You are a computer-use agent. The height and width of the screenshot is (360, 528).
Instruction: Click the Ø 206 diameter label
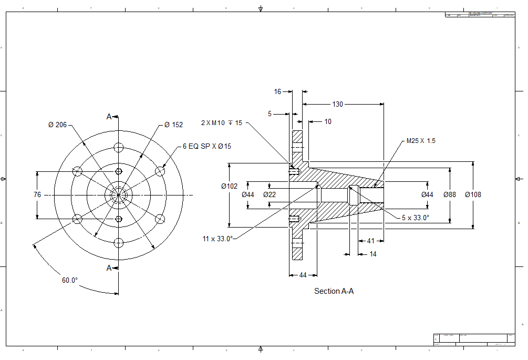pos(58,125)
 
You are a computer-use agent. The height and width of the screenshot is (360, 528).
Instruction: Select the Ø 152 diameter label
pos(173,125)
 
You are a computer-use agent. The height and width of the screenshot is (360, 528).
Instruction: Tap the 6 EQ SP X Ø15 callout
pos(206,147)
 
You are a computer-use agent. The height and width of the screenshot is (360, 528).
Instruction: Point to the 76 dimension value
pos(37,194)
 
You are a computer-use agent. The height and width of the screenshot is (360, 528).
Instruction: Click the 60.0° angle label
pos(70,280)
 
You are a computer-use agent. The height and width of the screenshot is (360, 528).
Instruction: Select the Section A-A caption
pos(334,291)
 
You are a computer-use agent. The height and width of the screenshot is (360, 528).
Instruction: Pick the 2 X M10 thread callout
pos(222,123)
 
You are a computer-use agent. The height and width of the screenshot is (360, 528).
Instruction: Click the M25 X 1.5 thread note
pos(421,141)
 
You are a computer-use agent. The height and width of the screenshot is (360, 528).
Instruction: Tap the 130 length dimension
pos(337,104)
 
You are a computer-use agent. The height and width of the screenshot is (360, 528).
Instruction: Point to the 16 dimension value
pos(278,91)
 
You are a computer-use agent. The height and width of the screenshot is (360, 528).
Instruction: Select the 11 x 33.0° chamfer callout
pos(218,239)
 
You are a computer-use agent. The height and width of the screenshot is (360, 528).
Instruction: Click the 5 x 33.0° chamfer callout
pos(416,217)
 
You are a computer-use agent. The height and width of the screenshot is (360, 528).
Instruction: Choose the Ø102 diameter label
pos(229,186)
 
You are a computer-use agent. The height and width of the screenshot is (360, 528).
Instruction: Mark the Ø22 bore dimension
pos(270,194)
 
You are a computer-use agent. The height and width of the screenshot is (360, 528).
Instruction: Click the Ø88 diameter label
pos(450,194)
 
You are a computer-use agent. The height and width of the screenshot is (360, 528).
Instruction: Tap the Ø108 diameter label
pos(473,194)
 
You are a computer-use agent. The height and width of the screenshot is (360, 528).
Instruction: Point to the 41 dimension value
pos(371,241)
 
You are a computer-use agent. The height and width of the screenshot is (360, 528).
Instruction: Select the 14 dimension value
pos(373,254)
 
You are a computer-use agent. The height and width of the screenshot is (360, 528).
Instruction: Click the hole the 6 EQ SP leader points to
pos(160,171)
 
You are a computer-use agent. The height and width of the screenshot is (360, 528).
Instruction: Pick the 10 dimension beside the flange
pos(328,121)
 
